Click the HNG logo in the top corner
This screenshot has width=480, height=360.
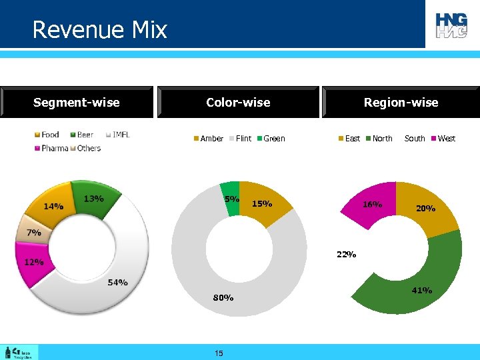452,25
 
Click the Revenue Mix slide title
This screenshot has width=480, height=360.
99,30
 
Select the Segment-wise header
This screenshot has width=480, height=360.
77,102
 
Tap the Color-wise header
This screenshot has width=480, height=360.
238,102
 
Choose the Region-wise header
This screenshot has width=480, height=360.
401,102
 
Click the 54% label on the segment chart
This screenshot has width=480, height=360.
117,283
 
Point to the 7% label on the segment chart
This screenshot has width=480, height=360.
34,233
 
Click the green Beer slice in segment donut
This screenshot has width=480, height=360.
97,197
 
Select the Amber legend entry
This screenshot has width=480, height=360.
208,139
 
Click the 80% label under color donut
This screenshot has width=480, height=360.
223,298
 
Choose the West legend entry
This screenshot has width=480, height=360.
442,139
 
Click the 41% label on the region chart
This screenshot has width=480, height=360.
421,290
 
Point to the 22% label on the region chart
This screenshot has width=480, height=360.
346,254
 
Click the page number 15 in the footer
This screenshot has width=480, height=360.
219,353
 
